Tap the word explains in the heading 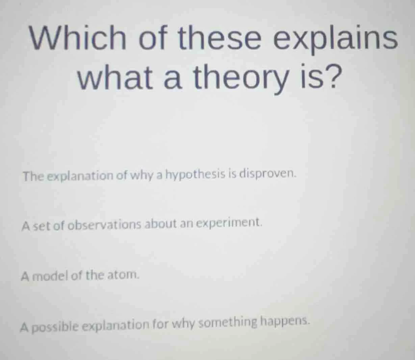point(335,38)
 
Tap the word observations point(105,225)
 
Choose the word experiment point(229,223)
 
